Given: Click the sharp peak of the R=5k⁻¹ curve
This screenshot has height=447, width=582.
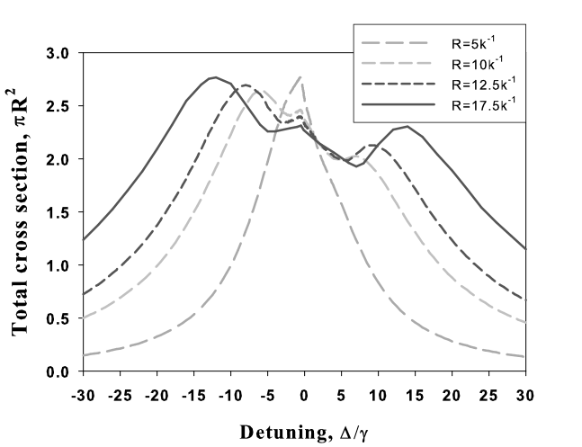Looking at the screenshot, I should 300,77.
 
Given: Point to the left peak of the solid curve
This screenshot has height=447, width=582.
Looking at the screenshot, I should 215,77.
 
